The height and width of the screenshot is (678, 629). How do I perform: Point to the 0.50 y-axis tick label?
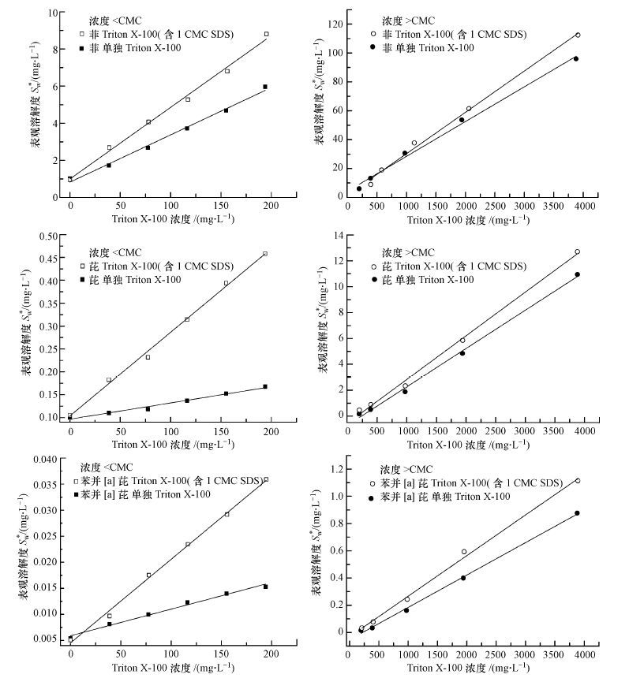48,236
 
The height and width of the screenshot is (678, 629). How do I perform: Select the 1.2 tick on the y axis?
335,469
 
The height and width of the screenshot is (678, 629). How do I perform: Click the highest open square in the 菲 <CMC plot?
267,34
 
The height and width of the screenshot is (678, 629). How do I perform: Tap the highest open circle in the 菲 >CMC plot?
577,35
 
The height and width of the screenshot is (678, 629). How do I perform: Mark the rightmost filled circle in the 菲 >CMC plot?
576,58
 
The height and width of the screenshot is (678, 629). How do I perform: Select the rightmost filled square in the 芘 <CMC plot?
265,386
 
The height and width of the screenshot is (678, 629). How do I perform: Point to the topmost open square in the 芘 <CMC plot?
265,253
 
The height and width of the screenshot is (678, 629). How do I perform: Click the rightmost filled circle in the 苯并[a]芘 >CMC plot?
577,513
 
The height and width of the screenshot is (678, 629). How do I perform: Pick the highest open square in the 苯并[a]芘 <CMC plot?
266,479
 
